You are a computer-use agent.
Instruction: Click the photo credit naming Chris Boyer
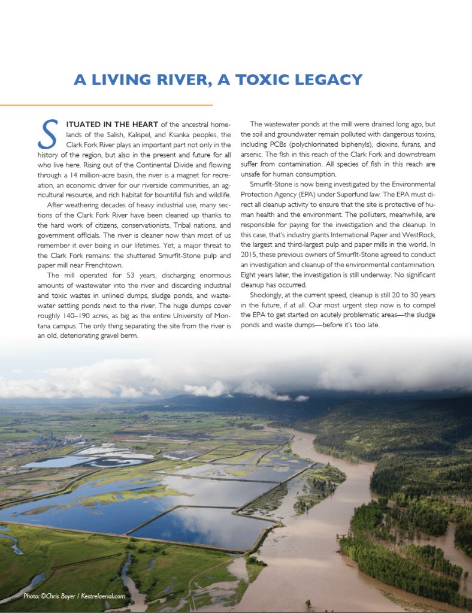[74, 596]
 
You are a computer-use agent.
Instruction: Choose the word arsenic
[253, 154]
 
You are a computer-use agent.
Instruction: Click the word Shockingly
[269, 295]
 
